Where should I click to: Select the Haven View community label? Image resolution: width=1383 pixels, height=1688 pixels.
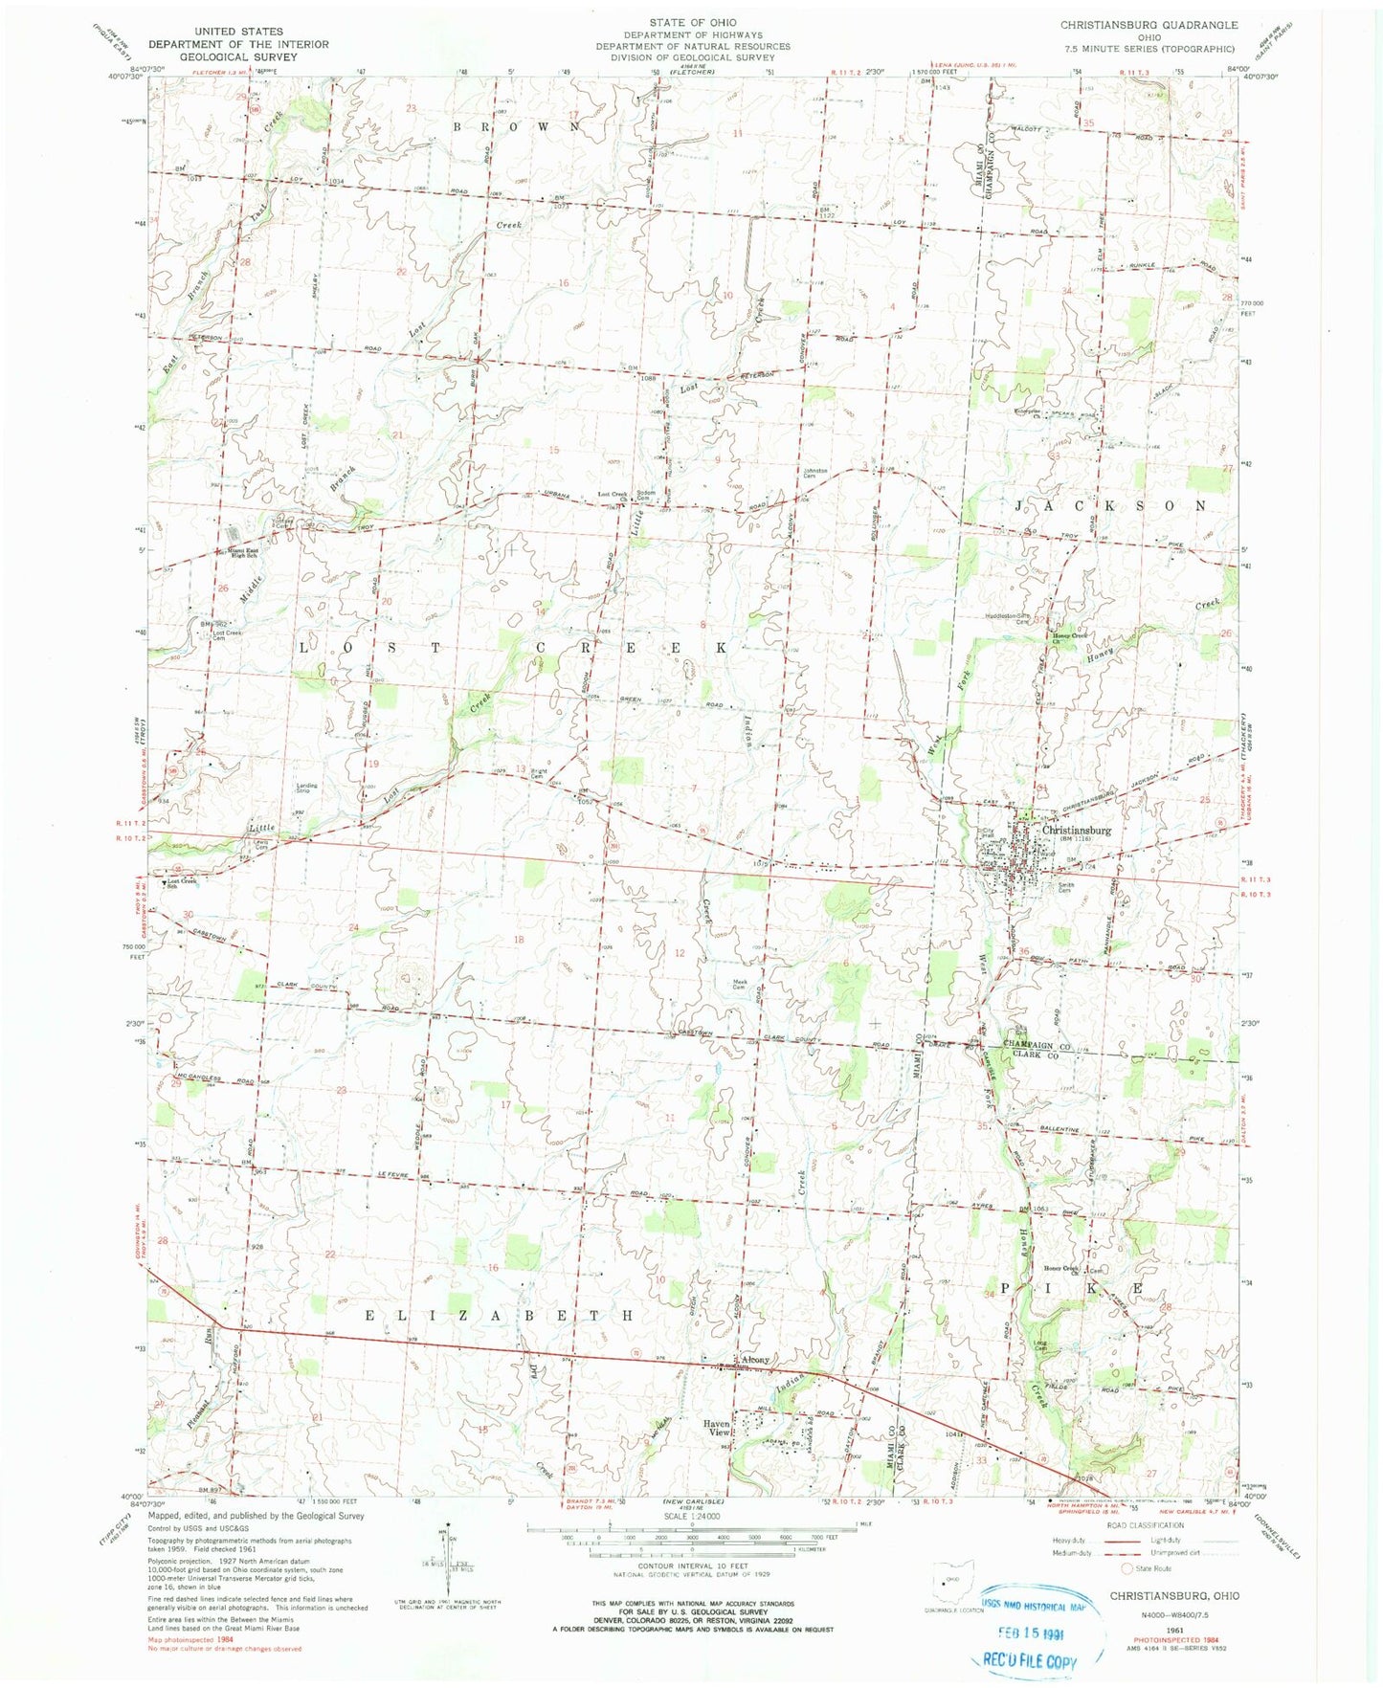(718, 1428)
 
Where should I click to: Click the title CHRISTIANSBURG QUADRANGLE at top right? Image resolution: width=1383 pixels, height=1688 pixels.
(1149, 25)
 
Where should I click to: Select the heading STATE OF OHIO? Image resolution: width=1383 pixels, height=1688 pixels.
(692, 21)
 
